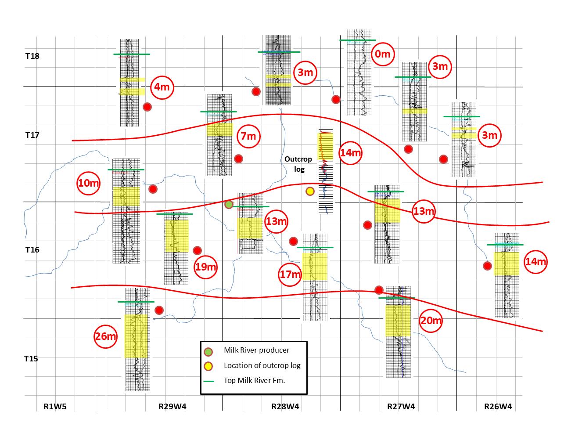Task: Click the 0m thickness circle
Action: (382, 54)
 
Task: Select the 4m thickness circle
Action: (161, 87)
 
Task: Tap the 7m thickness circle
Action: (248, 136)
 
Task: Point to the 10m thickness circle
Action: (88, 183)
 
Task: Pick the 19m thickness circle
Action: (206, 267)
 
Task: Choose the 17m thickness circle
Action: (290, 275)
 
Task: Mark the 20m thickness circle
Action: (431, 321)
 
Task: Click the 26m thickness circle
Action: (105, 337)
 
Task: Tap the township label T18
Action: (32, 56)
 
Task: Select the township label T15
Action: (31, 359)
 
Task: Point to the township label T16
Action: (32, 250)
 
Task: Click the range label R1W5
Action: (55, 406)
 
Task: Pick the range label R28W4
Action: (285, 406)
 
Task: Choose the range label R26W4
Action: (498, 406)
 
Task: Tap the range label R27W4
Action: (401, 406)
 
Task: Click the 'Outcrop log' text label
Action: (298, 163)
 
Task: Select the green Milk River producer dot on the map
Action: (229, 204)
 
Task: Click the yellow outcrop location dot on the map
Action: (310, 191)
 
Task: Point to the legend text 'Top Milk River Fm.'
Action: (254, 380)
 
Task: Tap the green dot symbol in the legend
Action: (208, 351)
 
